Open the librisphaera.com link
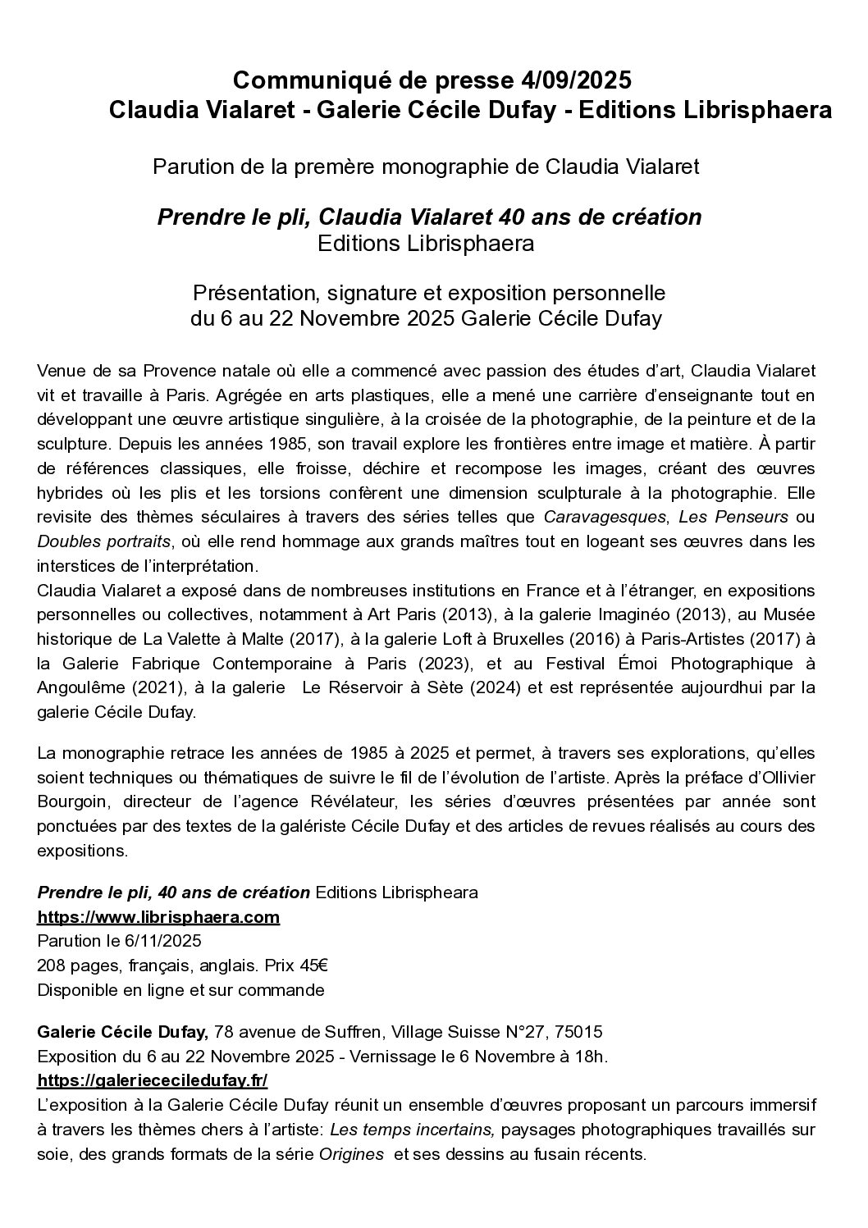pyautogui.click(x=158, y=916)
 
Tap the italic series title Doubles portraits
pyautogui.click(x=104, y=541)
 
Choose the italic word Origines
pyautogui.click(x=351, y=1153)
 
